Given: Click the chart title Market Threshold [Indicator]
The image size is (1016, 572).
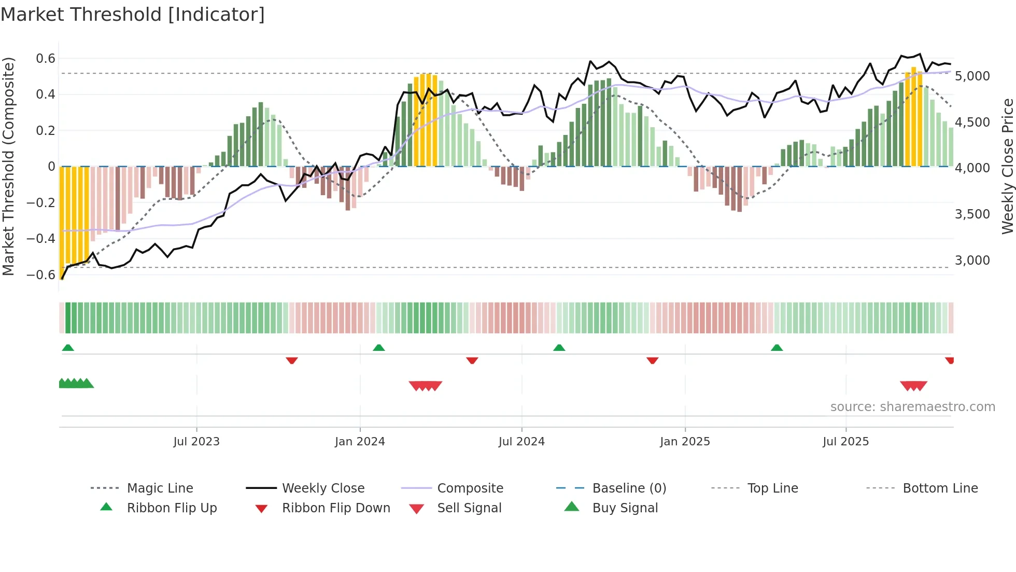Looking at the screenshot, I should (133, 15).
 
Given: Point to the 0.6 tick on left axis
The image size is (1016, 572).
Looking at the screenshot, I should (46, 59).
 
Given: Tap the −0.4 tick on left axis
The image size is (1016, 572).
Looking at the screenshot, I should (41, 239).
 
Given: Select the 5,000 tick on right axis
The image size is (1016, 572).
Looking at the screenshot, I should (972, 76).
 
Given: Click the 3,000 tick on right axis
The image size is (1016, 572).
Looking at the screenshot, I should (972, 261).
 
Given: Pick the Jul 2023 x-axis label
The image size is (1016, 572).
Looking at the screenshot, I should (196, 442).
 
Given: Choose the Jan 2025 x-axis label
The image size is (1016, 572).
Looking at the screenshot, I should (685, 442).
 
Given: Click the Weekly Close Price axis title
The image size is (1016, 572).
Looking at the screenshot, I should (1007, 166).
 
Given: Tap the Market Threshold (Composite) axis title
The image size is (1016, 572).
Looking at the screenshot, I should (8, 166).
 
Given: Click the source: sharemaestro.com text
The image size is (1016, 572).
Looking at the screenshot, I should (912, 407).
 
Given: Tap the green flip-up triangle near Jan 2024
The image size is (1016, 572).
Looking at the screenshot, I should (379, 348).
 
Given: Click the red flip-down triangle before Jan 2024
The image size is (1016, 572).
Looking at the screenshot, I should (292, 360).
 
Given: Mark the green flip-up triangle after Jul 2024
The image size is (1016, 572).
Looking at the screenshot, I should (559, 348).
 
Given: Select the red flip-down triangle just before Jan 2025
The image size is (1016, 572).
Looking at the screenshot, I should (652, 360).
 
